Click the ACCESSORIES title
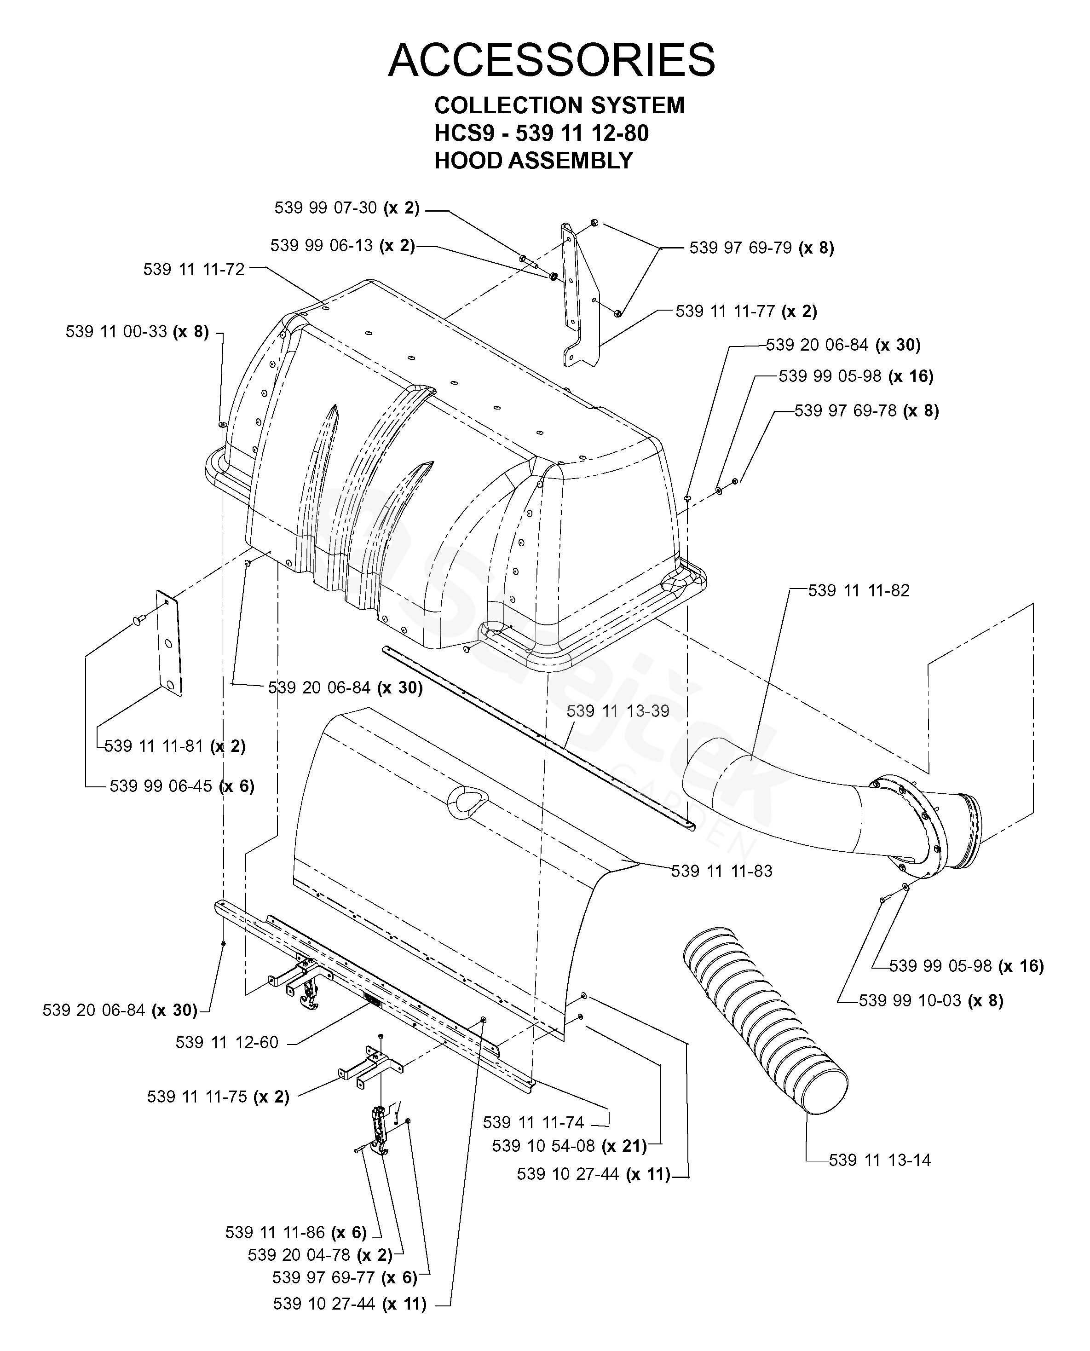[551, 60]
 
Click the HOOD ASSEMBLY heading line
[534, 161]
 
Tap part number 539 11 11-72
[194, 269]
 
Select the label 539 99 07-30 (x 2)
[346, 208]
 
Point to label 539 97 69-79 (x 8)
[761, 248]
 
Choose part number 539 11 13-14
[880, 1160]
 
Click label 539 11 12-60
[227, 1042]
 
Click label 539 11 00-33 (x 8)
[137, 331]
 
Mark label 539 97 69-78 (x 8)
[866, 411]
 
